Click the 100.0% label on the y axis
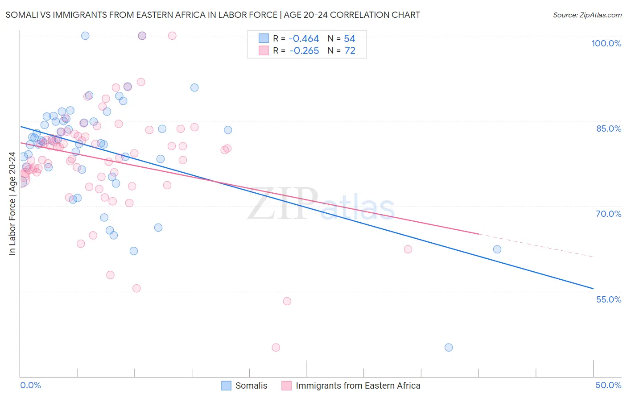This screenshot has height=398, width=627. tap(606, 43)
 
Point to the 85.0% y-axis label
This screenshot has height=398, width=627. tap(608, 129)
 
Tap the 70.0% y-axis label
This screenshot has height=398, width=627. tap(608, 214)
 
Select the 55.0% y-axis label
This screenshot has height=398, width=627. tap(608, 299)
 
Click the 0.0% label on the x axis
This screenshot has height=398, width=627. tap(30, 385)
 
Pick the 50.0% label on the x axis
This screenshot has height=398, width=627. tap(608, 385)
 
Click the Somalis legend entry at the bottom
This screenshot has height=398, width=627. tap(251, 386)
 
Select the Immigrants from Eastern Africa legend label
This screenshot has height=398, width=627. tap(358, 386)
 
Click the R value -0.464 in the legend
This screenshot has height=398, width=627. tap(304, 39)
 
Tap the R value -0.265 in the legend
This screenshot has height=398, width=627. tap(304, 51)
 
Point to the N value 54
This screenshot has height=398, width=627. tap(350, 39)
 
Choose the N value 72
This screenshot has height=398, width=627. tap(350, 51)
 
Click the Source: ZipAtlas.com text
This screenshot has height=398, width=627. tap(587, 15)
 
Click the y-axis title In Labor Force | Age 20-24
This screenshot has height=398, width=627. tap(12, 203)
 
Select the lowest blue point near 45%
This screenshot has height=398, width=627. tap(449, 348)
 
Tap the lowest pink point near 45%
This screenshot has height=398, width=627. tap(276, 348)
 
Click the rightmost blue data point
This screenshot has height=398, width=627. tap(497, 249)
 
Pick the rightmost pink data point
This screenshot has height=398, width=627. tap(408, 249)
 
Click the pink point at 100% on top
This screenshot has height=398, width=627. tap(172, 36)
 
